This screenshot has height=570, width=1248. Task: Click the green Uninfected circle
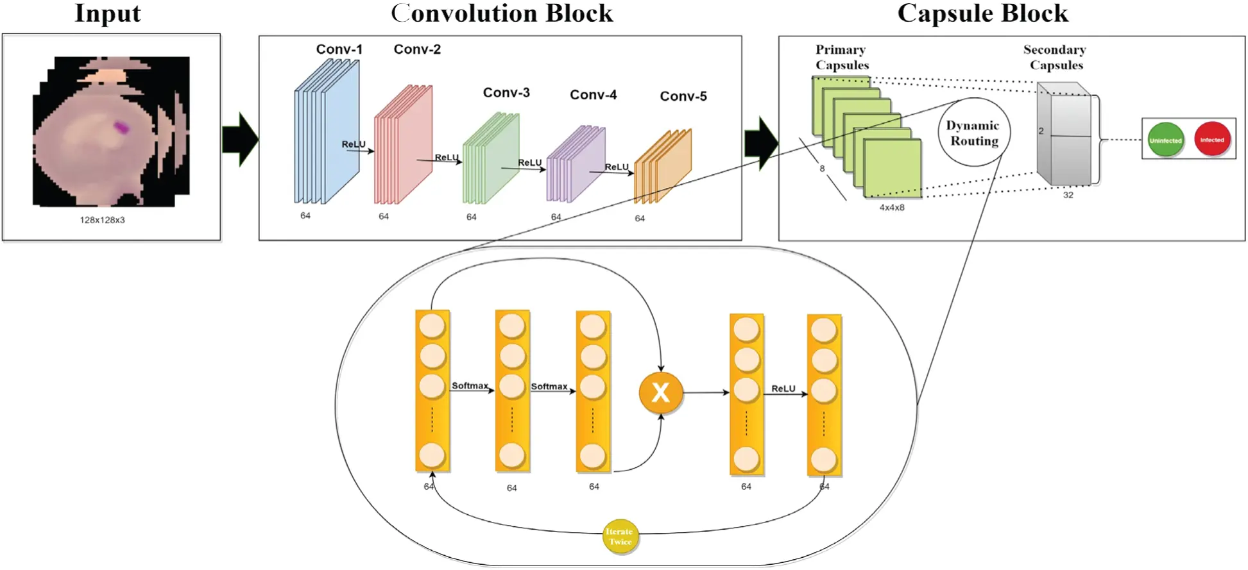(1165, 140)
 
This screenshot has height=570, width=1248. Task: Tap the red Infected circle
(1211, 139)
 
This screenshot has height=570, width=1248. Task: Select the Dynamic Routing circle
(974, 132)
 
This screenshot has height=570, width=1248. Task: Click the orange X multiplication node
(660, 392)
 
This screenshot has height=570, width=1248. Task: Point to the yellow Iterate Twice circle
(620, 536)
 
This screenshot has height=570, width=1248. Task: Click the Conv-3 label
(506, 92)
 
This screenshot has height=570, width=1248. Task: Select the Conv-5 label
(683, 96)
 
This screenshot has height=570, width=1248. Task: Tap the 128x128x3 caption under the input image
(102, 220)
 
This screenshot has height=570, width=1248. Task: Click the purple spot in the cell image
(121, 127)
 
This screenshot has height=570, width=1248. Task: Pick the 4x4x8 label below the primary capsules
(891, 208)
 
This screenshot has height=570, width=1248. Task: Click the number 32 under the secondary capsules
(1068, 195)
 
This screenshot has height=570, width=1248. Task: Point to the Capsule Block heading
(982, 13)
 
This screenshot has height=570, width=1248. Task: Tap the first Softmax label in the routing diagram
(470, 385)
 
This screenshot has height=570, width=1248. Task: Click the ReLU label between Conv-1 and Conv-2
(354, 144)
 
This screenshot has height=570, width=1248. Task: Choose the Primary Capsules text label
(842, 57)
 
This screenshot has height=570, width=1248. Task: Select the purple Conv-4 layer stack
(576, 163)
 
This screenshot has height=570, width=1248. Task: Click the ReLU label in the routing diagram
(783, 389)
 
